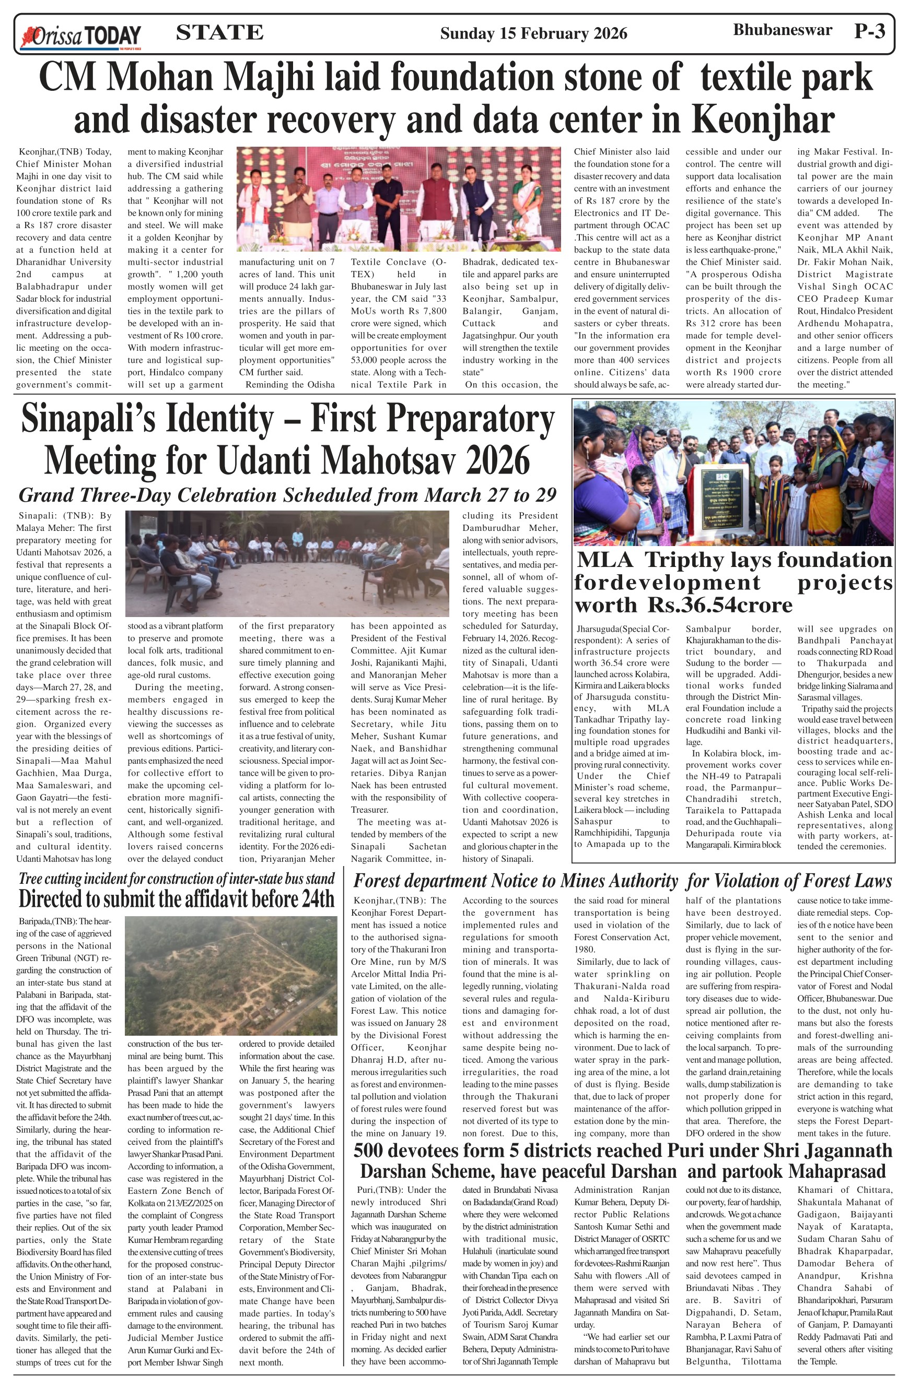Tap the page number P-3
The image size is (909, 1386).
coord(869,31)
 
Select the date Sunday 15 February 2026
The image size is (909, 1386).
coord(533,34)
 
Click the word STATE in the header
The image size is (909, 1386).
coord(219,32)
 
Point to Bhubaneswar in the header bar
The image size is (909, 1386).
coord(782,30)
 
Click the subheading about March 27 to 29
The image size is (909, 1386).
coord(287,495)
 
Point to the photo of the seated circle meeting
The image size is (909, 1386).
coord(287,563)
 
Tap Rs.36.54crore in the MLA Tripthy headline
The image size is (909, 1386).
coord(719,606)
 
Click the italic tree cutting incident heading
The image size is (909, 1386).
coord(176,879)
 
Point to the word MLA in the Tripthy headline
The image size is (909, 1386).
coord(605,560)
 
